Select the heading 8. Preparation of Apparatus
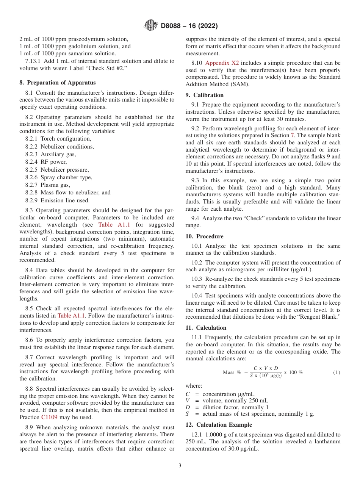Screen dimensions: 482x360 58,82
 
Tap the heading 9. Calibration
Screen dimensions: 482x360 205,95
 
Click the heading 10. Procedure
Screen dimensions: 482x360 204,236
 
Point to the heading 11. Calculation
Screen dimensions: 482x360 206,328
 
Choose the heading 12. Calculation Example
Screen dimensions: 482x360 219,425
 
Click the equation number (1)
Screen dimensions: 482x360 337,372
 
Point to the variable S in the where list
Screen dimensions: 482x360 188,413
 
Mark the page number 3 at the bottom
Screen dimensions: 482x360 180,466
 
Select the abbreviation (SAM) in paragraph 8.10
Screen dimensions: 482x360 239,84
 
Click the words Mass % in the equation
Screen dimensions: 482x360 232,372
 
